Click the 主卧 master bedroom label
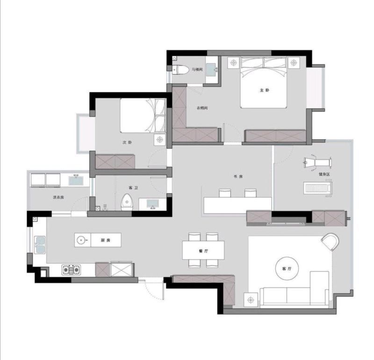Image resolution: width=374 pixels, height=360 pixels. [265, 90]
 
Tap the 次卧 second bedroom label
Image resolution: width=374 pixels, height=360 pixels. [127, 142]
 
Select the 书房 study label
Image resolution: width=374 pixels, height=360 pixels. [238, 176]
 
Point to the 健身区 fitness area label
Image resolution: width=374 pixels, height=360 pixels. [324, 175]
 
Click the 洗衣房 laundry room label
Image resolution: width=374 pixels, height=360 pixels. [58, 197]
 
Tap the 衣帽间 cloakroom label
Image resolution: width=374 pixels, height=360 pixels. [202, 108]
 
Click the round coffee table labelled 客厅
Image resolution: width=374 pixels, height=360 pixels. [287, 268]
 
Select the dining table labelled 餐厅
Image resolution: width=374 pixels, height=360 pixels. [203, 250]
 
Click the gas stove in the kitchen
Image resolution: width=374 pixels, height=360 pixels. [71, 270]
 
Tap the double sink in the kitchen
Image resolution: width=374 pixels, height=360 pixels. [40, 245]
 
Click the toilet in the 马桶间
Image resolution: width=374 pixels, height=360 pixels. [180, 70]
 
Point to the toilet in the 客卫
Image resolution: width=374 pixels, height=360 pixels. [126, 202]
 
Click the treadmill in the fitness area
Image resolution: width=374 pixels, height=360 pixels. [318, 189]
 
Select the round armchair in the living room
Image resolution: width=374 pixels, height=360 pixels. [331, 241]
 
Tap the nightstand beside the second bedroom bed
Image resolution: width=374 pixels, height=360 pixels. [160, 140]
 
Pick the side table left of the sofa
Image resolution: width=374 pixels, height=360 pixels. [251, 299]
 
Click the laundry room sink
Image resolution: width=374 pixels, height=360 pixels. [76, 180]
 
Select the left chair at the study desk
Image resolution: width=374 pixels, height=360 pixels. [225, 193]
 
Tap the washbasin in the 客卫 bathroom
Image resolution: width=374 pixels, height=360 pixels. [153, 204]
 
